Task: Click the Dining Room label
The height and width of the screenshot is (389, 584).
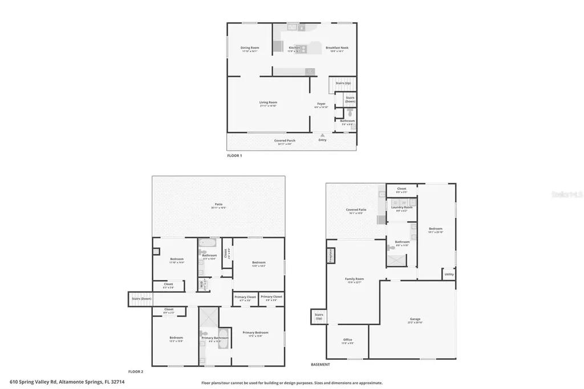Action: click(x=249, y=48)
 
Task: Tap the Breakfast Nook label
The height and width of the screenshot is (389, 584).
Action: click(x=336, y=48)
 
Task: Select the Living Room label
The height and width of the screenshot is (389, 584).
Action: click(x=268, y=103)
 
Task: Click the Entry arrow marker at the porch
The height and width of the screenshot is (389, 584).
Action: click(x=323, y=135)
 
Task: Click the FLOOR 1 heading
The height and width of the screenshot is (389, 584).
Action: click(x=234, y=155)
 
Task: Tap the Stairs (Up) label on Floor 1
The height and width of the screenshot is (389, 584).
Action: click(x=343, y=83)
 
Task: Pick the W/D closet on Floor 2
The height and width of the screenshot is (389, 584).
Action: click(x=201, y=283)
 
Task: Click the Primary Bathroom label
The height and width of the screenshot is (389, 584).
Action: click(x=215, y=338)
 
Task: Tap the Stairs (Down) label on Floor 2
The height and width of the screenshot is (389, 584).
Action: click(x=141, y=298)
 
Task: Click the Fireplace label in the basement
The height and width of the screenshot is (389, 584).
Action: click(x=330, y=255)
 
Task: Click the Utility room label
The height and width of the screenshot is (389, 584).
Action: click(x=449, y=274)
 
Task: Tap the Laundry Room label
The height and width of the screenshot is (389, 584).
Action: click(x=401, y=208)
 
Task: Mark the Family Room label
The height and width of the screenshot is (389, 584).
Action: click(x=354, y=279)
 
